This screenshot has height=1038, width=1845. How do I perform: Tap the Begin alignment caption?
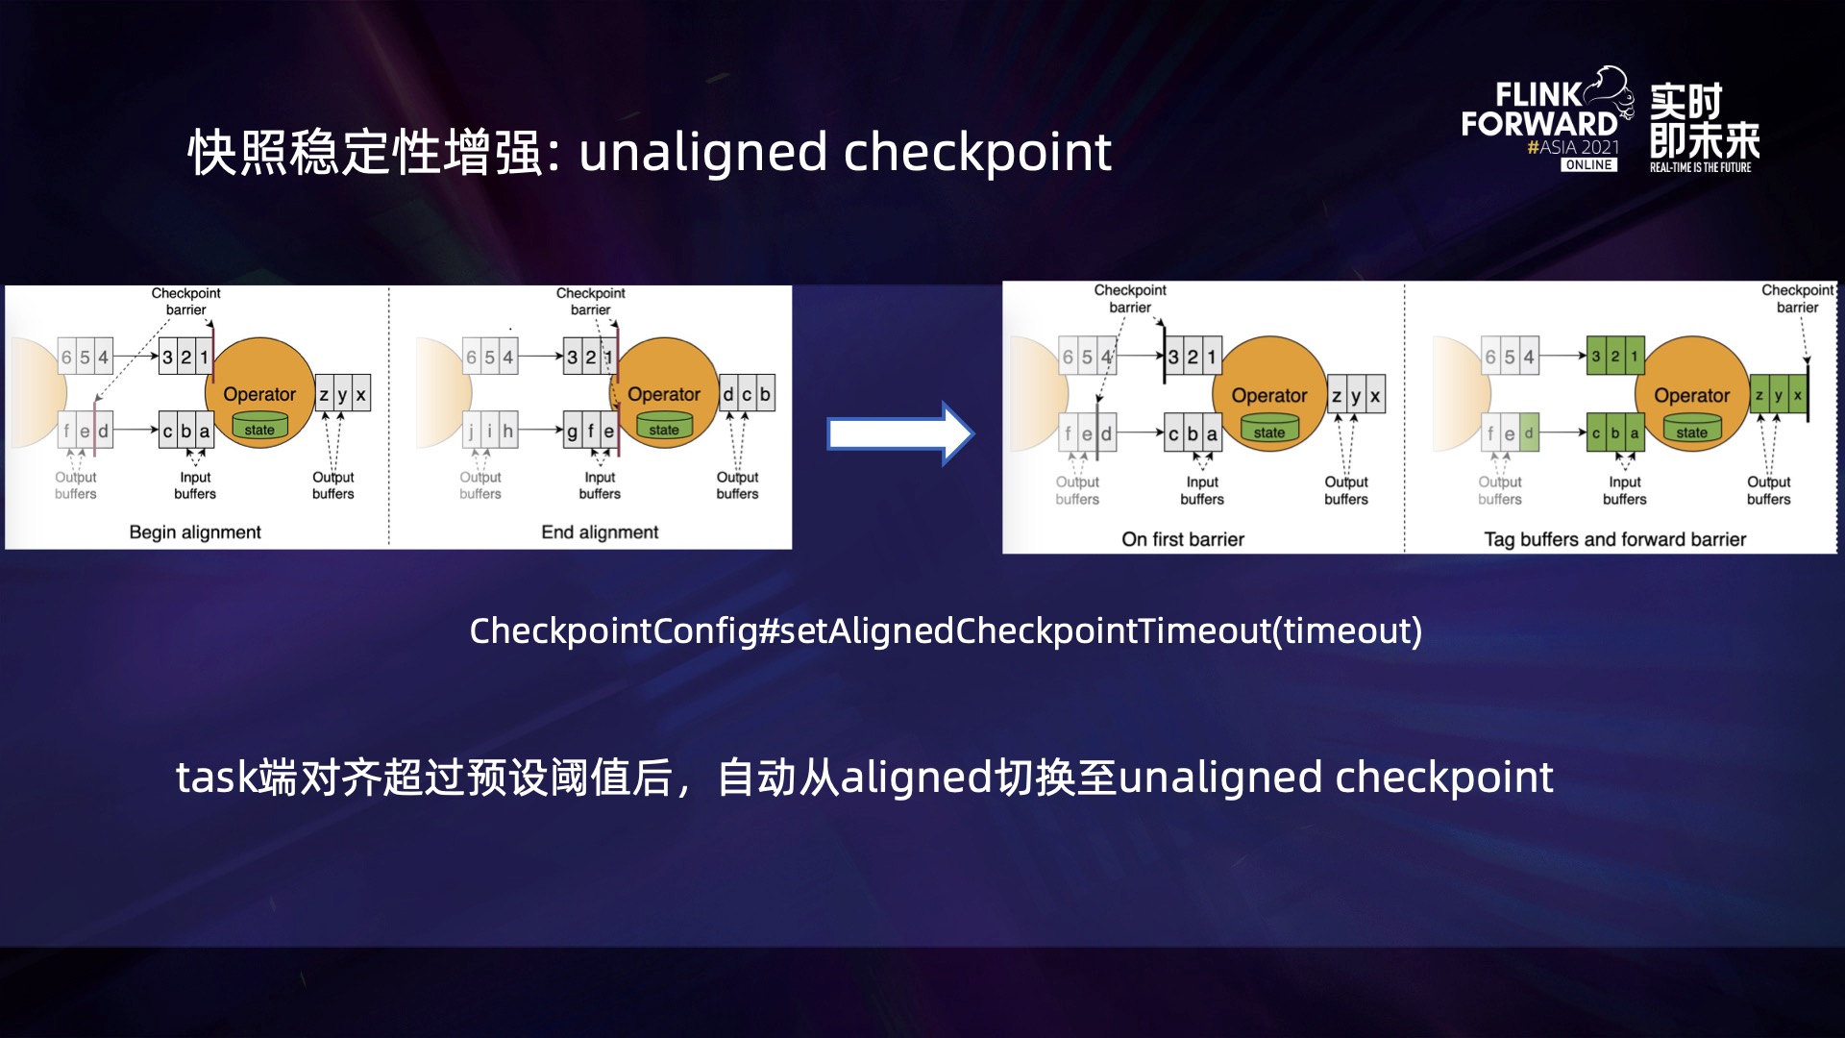(195, 532)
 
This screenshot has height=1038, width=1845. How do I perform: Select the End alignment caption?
(600, 532)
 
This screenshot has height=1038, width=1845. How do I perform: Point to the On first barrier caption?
(1182, 539)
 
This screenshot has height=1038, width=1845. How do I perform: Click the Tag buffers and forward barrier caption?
(1614, 539)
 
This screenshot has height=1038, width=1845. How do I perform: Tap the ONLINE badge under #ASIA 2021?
(1588, 165)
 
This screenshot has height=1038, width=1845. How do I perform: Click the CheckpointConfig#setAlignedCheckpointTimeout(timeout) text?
(946, 630)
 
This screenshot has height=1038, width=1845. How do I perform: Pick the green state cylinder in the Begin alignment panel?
(259, 429)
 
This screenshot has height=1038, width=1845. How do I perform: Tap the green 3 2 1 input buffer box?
(1614, 357)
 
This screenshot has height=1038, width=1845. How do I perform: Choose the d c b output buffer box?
(747, 394)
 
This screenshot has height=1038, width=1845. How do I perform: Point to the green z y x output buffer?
(1778, 395)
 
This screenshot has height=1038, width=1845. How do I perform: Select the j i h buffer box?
(489, 432)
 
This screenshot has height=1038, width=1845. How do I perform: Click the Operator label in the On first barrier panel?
(1268, 395)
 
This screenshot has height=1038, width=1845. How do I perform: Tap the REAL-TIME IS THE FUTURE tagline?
(1700, 167)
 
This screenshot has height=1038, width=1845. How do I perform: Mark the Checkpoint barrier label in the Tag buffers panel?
(1797, 299)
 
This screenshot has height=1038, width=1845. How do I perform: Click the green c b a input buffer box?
(1614, 433)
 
